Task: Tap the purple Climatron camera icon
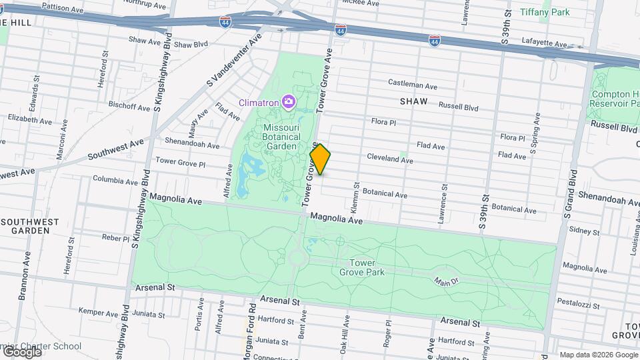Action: tap(288, 102)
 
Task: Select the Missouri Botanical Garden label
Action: tap(288, 137)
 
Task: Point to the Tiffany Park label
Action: tap(545, 12)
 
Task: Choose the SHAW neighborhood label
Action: tap(413, 102)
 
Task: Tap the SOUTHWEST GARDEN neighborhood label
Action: tap(25, 226)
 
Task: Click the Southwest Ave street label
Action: tap(115, 151)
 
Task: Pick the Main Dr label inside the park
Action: tap(446, 281)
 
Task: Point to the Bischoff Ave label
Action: tap(129, 106)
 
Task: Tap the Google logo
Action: tap(22, 351)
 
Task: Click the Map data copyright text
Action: tap(598, 355)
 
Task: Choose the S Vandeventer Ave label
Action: tap(233, 62)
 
